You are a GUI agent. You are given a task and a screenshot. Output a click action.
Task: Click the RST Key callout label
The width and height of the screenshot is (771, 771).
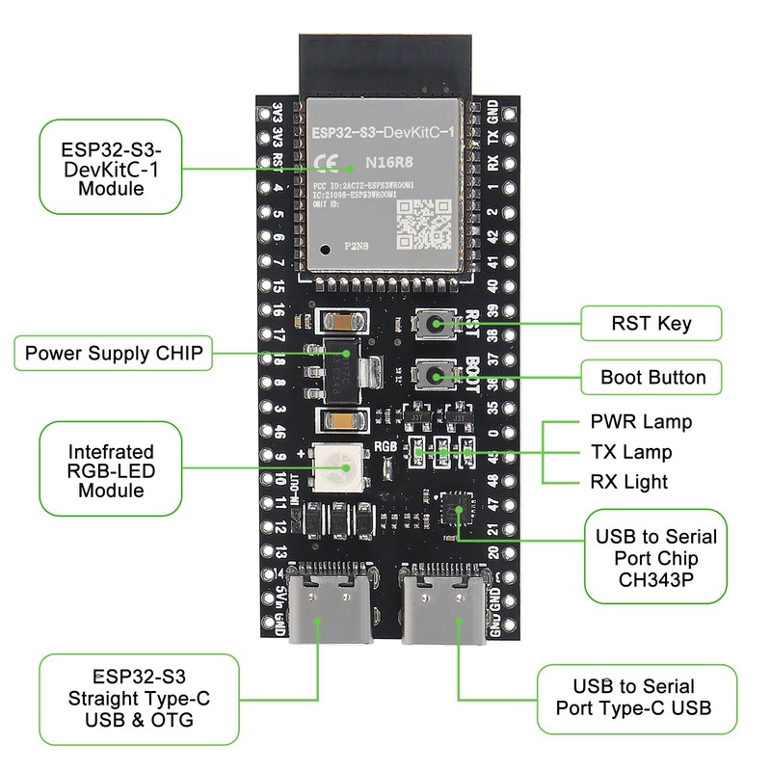[651, 323]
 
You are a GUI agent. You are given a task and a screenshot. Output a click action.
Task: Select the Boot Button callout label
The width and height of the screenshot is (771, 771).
[652, 377]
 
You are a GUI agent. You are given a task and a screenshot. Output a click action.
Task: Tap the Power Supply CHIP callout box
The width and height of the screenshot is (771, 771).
[115, 354]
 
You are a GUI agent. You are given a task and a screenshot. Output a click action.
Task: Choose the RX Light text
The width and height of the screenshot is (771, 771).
[628, 481]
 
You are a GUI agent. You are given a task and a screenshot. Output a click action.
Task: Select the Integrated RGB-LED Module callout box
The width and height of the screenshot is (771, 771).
[111, 470]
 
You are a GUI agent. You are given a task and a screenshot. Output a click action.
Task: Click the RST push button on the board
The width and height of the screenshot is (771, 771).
[436, 325]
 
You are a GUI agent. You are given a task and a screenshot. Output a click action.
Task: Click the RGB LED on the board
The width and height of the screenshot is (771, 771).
[341, 469]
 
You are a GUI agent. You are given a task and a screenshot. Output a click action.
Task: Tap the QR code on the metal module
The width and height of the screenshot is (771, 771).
[424, 225]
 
